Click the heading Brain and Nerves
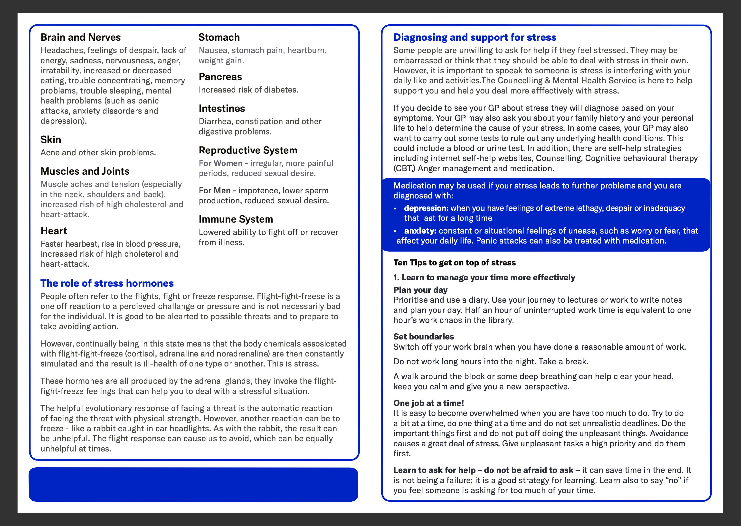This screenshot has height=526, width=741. point(80,37)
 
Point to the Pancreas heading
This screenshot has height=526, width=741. point(220,77)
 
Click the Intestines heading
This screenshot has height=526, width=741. point(222,109)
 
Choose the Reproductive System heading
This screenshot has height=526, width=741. point(248,150)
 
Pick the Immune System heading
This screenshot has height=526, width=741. point(236,219)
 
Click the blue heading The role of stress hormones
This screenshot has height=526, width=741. point(107,283)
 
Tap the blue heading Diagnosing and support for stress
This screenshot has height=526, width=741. point(475,37)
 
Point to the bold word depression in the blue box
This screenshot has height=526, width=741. point(426,208)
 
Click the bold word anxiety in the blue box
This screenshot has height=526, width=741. point(420,231)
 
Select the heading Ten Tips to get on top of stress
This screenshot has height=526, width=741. point(454,263)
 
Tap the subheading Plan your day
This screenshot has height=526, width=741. point(420,290)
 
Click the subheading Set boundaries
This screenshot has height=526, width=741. point(423,337)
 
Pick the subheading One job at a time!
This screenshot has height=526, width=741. point(428,403)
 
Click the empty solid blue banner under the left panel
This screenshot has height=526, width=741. point(193,485)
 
